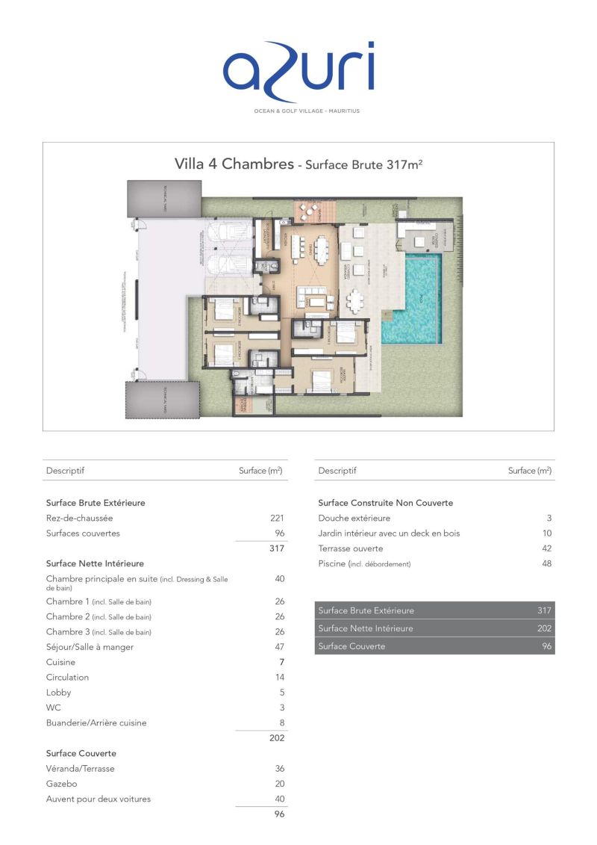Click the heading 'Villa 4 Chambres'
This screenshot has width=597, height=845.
coord(234,164)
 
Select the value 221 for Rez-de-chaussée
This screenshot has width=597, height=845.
coord(277,518)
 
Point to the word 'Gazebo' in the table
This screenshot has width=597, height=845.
coord(61,784)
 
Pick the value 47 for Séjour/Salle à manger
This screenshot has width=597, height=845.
coord(279,647)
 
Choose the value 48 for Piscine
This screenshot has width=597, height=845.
coord(546,564)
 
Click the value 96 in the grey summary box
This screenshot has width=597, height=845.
coord(546,646)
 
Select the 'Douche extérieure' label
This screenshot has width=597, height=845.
coord(354,518)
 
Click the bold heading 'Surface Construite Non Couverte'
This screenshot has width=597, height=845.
coord(385,503)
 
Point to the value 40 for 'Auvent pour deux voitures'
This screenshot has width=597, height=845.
coord(279,799)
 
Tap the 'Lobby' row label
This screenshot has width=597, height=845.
coord(58,693)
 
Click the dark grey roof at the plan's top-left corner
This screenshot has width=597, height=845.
coord(163,199)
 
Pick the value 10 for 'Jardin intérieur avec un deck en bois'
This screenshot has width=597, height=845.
coord(546,533)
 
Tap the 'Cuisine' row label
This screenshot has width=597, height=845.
coord(60,662)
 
